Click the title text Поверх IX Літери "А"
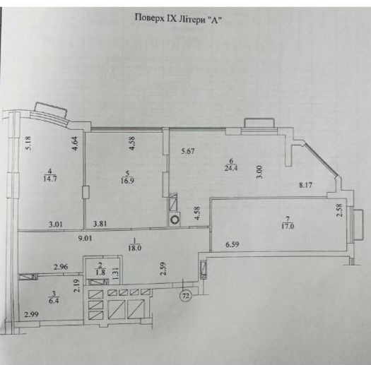tap(179, 18)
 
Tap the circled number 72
tap(187, 296)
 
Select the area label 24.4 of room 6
tap(231, 168)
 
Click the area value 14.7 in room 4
tap(50, 178)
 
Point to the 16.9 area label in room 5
tap(127, 181)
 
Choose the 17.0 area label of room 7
tap(288, 226)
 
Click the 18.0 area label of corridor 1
tap(135, 248)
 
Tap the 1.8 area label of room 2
tap(101, 273)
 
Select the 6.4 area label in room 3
tap(54, 301)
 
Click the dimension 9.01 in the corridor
tap(86, 239)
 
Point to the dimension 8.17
tap(305, 185)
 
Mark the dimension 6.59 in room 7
tap(232, 244)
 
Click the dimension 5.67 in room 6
tap(188, 151)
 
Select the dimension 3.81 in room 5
tap(100, 224)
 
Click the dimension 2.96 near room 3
tap(61, 267)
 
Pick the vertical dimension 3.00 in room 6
tap(259, 172)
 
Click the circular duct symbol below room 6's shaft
tap(175, 220)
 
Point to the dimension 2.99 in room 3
tap(31, 314)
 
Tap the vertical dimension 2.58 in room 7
tap(339, 210)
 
